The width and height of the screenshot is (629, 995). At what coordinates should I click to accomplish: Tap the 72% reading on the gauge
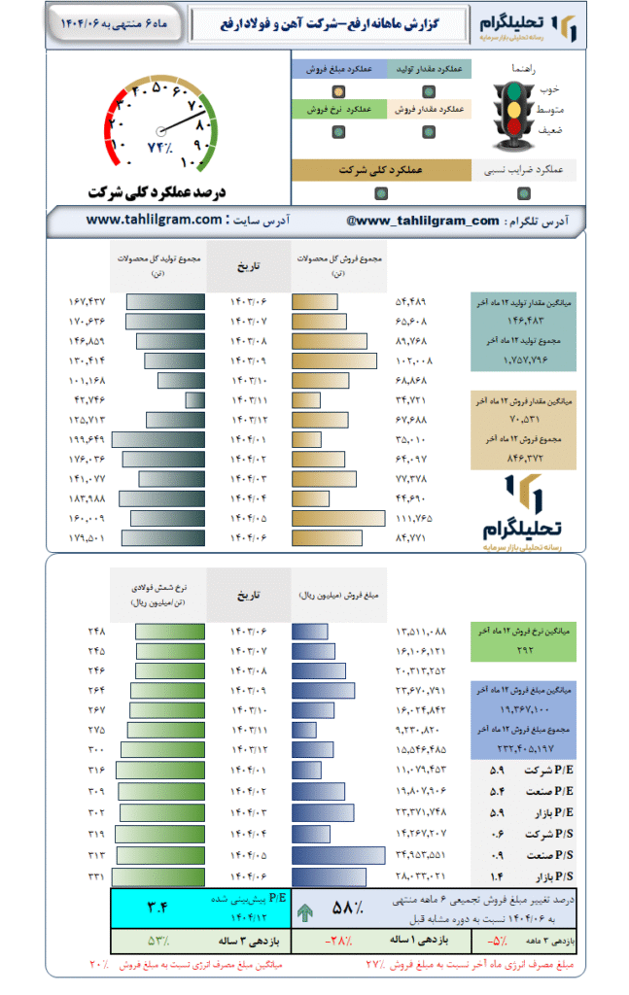click(159, 147)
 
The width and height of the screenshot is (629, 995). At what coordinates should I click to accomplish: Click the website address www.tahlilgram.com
click(155, 221)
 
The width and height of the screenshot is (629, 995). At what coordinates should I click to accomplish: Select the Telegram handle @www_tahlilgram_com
click(422, 222)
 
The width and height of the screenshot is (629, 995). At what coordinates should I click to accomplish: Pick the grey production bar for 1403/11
click(194, 400)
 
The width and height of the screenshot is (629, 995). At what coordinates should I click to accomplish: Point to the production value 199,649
click(85, 438)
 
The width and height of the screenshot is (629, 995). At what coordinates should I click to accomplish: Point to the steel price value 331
click(95, 876)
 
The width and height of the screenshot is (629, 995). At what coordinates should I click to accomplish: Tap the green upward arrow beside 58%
click(305, 912)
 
